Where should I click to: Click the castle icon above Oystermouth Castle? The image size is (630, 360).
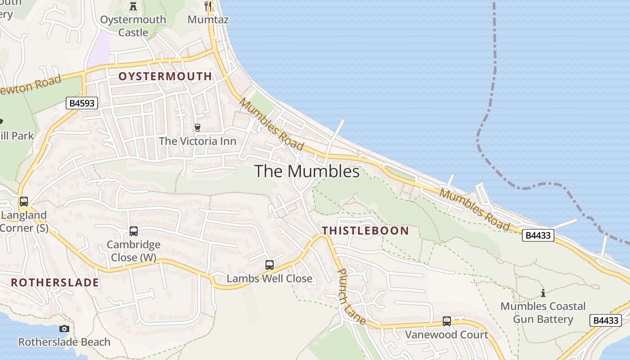pyautogui.click(x=133, y=6)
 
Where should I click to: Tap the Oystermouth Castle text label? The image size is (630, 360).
pyautogui.click(x=133, y=26)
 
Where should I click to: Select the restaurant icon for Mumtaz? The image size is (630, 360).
pyautogui.click(x=208, y=6)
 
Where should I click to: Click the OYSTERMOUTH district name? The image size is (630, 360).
pyautogui.click(x=165, y=76)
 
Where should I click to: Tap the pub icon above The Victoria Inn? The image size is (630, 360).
pyautogui.click(x=197, y=128)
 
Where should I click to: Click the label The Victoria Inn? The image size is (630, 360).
pyautogui.click(x=197, y=141)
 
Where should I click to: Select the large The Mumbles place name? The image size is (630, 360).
pyautogui.click(x=307, y=171)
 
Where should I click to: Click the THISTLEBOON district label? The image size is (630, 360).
pyautogui.click(x=365, y=231)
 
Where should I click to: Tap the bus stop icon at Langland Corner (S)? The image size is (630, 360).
pyautogui.click(x=24, y=202)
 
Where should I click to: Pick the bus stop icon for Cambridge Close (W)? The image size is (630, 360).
pyautogui.click(x=134, y=231)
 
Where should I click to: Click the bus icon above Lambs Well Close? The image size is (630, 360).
pyautogui.click(x=269, y=265)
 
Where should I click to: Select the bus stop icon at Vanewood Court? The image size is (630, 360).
pyautogui.click(x=446, y=321)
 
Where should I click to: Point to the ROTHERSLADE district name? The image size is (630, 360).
pyautogui.click(x=55, y=283)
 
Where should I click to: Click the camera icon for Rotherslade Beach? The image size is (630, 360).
pyautogui.click(x=64, y=328)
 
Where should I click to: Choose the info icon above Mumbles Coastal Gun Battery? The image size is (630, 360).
pyautogui.click(x=543, y=293)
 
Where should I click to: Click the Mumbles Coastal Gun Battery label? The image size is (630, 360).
pyautogui.click(x=543, y=313)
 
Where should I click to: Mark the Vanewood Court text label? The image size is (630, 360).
pyautogui.click(x=446, y=335)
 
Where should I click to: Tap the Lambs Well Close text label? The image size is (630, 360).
pyautogui.click(x=269, y=279)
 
